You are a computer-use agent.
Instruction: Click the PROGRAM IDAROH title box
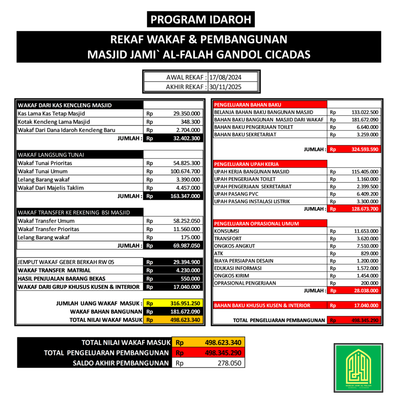pyautogui.click(x=200, y=19)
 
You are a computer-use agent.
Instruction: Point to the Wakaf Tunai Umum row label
pyautogui.click(x=43, y=171)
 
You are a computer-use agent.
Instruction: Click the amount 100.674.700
pyautogui.click(x=186, y=171)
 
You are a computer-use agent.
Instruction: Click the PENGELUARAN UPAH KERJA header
pyautogui.click(x=247, y=164)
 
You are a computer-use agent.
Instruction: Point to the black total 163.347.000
pyautogui.click(x=186, y=196)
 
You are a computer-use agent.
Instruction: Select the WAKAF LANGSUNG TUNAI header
pyautogui.click(x=51, y=155)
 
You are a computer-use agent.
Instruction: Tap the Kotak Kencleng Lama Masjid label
pyautogui.click(x=54, y=122)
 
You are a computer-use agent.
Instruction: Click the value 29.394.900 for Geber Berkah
pyautogui.click(x=186, y=262)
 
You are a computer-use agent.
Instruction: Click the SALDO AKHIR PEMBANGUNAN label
pyautogui.click(x=121, y=363)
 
